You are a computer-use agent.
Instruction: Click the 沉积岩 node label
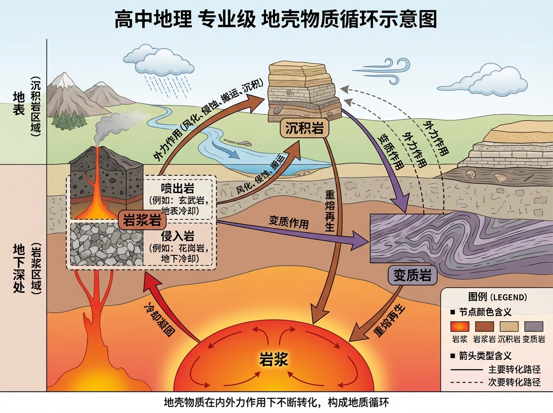click(x=304, y=129)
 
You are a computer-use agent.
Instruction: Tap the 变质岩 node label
click(x=412, y=276)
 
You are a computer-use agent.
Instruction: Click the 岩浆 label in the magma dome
click(x=274, y=359)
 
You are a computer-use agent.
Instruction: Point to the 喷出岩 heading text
click(x=177, y=189)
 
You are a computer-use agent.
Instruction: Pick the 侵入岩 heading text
click(x=177, y=236)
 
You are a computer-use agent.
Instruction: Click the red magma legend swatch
click(x=459, y=326)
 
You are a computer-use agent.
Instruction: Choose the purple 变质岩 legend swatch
click(x=534, y=326)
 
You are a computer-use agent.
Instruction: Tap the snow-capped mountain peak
click(x=63, y=81)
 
